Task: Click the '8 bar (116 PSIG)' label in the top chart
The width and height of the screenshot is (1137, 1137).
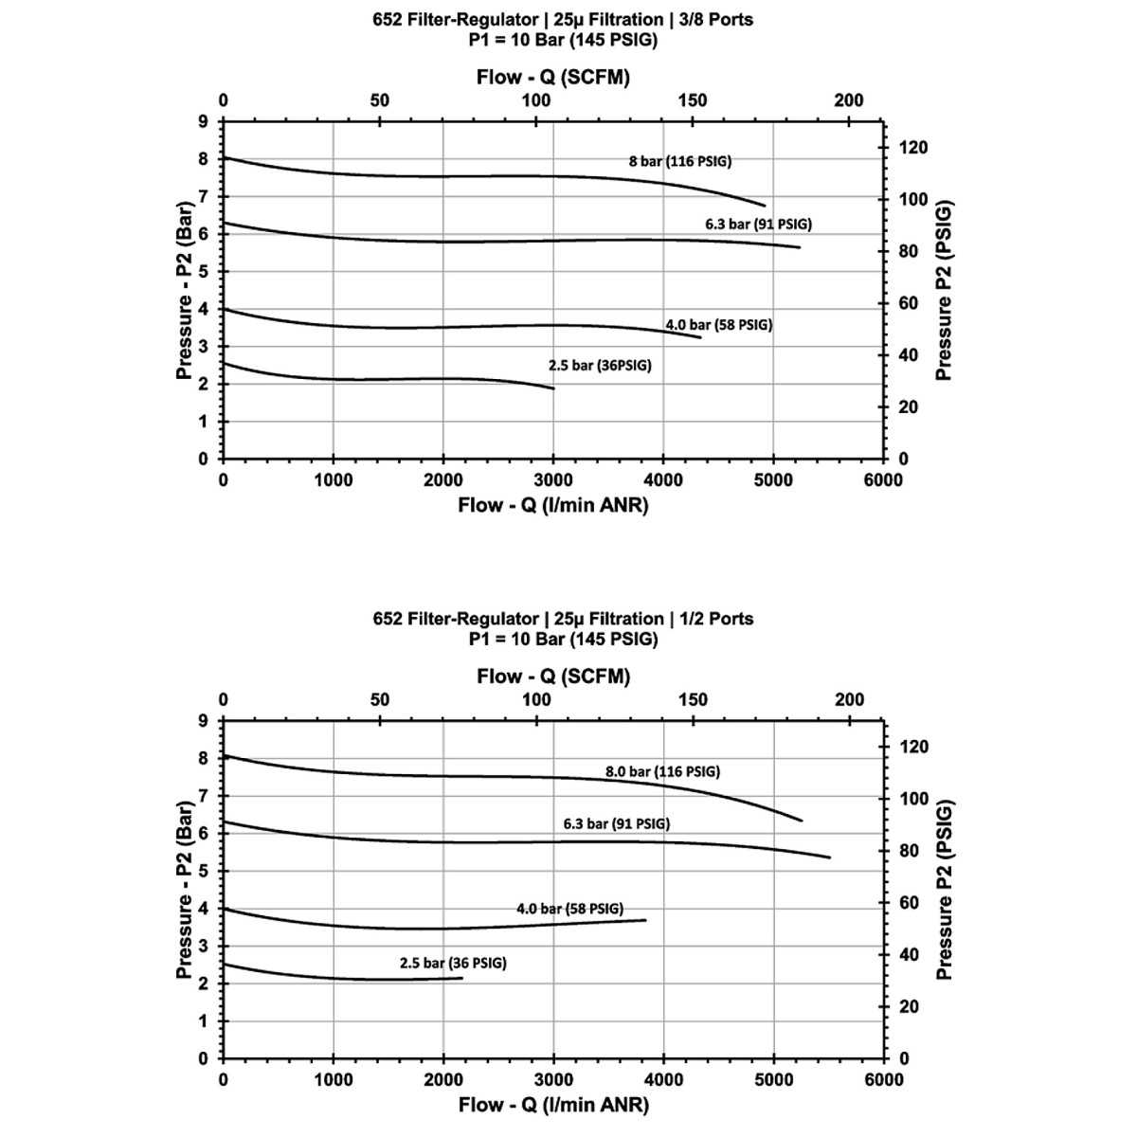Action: [680, 161]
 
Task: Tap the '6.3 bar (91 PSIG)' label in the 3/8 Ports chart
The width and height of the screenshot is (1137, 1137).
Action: [758, 225]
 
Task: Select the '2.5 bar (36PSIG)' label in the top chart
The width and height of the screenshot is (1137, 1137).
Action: [600, 366]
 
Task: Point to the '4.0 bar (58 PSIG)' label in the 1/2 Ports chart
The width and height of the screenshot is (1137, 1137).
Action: [569, 909]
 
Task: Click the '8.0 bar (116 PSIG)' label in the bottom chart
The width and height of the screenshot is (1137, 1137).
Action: [662, 771]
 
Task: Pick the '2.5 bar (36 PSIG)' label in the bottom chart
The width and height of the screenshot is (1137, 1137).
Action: [453, 963]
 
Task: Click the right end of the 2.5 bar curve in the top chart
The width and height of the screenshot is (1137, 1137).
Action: [553, 388]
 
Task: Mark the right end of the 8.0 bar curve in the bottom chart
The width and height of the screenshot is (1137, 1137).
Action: [802, 821]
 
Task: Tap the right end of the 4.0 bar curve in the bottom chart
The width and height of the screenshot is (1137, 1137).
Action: [645, 920]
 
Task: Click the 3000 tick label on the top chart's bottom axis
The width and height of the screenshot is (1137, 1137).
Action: [553, 480]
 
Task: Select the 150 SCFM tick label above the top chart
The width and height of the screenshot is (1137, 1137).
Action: [693, 100]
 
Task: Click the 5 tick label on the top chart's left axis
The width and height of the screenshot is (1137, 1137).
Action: [203, 272]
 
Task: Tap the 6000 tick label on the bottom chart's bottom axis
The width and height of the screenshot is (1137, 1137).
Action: [884, 1080]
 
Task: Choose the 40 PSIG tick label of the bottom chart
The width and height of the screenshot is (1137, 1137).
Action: [907, 955]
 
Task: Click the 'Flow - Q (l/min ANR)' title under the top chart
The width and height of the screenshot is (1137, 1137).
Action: [553, 505]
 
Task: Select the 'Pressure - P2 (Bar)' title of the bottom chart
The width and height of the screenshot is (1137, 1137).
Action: [186, 891]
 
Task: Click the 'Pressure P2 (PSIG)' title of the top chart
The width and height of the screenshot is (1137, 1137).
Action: [943, 291]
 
